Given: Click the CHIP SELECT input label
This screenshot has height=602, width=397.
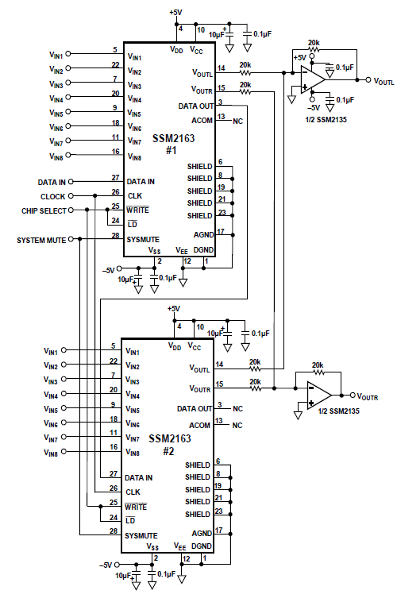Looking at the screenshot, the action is point(44,210).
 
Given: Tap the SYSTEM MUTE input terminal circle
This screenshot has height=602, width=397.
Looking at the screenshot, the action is point(71,239).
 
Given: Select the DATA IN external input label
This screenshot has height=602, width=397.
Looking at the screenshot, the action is point(52,182).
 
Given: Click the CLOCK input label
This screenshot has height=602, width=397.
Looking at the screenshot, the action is point(52,197).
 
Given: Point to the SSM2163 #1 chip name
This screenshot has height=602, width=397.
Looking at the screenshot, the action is point(173,144).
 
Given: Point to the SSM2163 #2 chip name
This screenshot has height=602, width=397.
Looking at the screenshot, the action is point(170,444).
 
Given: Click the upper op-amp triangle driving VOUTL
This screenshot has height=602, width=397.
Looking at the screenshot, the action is point(313,79).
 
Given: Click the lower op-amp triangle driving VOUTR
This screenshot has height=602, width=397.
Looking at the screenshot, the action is point(319,395).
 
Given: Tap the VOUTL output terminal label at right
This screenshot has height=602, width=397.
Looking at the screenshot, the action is point(384,81).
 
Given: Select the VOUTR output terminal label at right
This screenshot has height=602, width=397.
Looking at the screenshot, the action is point(368,397).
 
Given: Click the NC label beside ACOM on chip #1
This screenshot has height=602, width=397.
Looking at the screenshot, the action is point(237,122).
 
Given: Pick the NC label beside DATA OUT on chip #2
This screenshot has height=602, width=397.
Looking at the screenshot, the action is point(237,408).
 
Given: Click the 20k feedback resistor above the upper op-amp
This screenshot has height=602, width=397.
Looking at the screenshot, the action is point(314,49).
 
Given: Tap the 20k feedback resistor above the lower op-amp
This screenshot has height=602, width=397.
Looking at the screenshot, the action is point(318,372).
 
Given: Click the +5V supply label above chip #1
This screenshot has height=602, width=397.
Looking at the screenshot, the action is point(175,12).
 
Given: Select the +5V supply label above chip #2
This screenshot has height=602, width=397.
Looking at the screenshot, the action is point(174,309).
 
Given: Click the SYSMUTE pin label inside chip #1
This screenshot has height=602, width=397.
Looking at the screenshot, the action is point(143,240).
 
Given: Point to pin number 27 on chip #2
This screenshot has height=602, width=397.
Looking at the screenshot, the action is point(114,474).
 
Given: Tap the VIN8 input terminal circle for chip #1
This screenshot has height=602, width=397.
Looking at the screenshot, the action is point(68,155).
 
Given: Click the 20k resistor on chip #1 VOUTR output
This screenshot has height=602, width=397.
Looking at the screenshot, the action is point(245,92).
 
